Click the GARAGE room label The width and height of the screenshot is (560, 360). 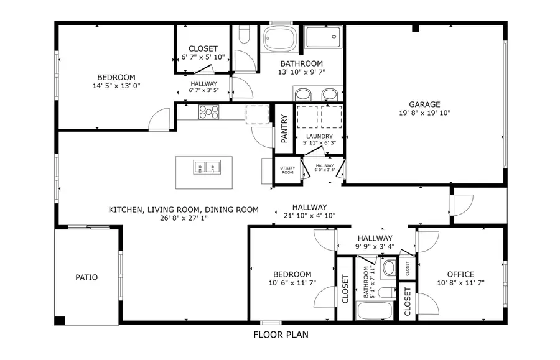click(424, 104)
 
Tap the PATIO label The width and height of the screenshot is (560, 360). click(87, 277)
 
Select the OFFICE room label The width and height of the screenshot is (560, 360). click(460, 274)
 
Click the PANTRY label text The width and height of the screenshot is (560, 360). click(284, 129)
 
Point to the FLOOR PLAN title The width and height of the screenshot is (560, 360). click(280, 335)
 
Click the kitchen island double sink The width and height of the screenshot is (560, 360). click(205, 167)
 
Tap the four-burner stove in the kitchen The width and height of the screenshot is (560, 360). click(208, 112)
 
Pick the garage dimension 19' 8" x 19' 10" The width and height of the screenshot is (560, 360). click(424, 113)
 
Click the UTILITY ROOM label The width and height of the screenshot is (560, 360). click(287, 170)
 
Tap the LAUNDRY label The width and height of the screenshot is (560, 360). click(319, 136)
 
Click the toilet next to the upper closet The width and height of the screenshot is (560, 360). click(244, 34)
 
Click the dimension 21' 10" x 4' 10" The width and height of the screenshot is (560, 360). click(310, 216)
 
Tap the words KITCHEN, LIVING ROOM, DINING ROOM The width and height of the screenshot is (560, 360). click(184, 210)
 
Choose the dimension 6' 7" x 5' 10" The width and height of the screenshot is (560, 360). click(203, 57)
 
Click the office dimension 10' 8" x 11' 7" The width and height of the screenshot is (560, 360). click(460, 283)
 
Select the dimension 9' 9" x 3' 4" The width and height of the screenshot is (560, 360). click(375, 246)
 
